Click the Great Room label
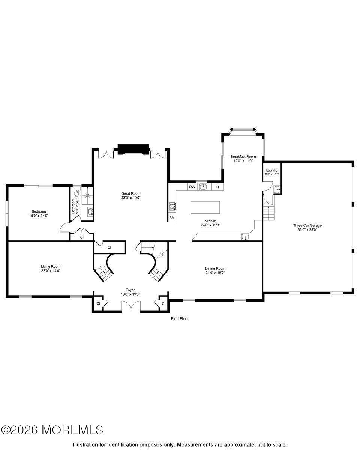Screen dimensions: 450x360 pos(130,193)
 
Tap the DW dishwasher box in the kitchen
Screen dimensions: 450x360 pos(192,186)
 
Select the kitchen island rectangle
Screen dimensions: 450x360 pos(205,207)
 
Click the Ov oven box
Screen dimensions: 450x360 pos(172,217)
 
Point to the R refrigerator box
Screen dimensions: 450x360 pos(217,186)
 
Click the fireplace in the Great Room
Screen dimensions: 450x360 pos(133,149)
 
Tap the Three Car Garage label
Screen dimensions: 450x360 pos(307,225)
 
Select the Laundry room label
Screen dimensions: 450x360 pos(271,170)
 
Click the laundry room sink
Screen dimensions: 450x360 pos(277,190)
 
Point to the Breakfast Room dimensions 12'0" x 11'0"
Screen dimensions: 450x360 pos(243,160)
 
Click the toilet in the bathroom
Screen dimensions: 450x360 pos(77,193)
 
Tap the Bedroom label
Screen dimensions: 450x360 pos(39,211)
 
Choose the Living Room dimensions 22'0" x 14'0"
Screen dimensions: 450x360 pos(51,270)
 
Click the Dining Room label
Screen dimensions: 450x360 pos(215,268)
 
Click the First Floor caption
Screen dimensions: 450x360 pos(180,319)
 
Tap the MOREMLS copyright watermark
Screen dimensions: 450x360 pos(52,430)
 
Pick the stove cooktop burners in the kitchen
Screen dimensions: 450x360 pos(172,206)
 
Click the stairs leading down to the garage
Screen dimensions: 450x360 pos(269,213)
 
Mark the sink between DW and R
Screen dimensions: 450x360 pos(204,186)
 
